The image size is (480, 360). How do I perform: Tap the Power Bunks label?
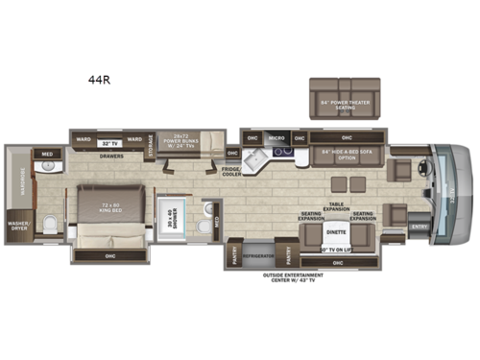[x=186, y=143]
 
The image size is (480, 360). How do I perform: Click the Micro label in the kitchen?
[x=276, y=138]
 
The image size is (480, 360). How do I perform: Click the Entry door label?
[x=419, y=227]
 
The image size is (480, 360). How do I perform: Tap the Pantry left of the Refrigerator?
[x=234, y=254]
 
